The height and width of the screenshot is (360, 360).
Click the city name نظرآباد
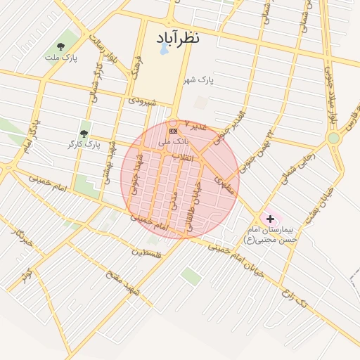pyautogui.click(x=172, y=37)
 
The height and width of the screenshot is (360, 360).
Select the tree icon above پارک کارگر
pyautogui.click(x=84, y=133)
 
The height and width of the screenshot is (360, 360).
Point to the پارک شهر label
pyautogui.click(x=198, y=81)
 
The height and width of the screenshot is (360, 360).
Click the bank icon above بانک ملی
pyautogui.click(x=173, y=131)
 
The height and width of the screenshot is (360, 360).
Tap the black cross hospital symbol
pyautogui.click(x=270, y=219)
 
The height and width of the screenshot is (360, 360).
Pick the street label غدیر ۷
pyautogui.click(x=195, y=124)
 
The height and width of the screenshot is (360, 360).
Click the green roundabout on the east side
pyautogui.click(x=333, y=139)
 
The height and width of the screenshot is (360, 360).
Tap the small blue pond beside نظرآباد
pyautogui.click(x=164, y=49)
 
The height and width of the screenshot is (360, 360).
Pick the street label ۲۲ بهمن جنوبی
pyautogui.click(x=259, y=141)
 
